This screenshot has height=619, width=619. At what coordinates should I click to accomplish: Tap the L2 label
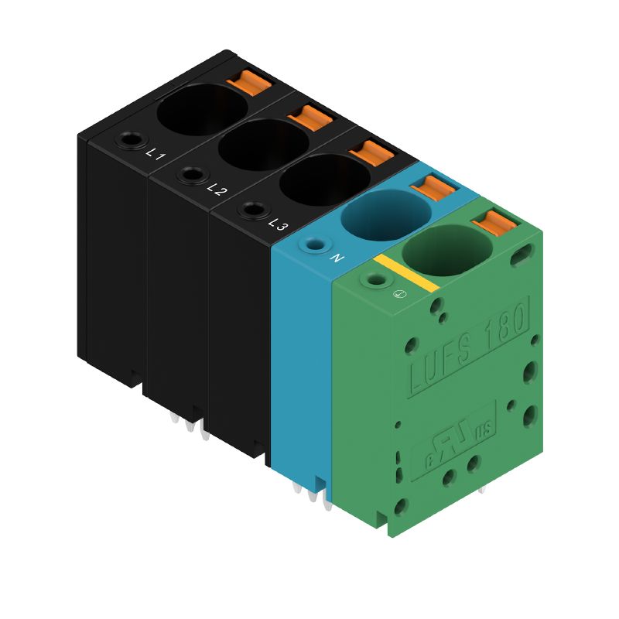(217, 190)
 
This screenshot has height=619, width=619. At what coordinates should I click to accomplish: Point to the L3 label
(279, 224)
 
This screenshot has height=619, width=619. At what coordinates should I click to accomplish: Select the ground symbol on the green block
(399, 294)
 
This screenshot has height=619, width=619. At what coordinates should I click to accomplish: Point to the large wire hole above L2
(263, 144)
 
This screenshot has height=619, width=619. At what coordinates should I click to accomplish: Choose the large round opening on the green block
(447, 250)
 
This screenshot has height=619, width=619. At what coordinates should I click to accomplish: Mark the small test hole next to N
(313, 245)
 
